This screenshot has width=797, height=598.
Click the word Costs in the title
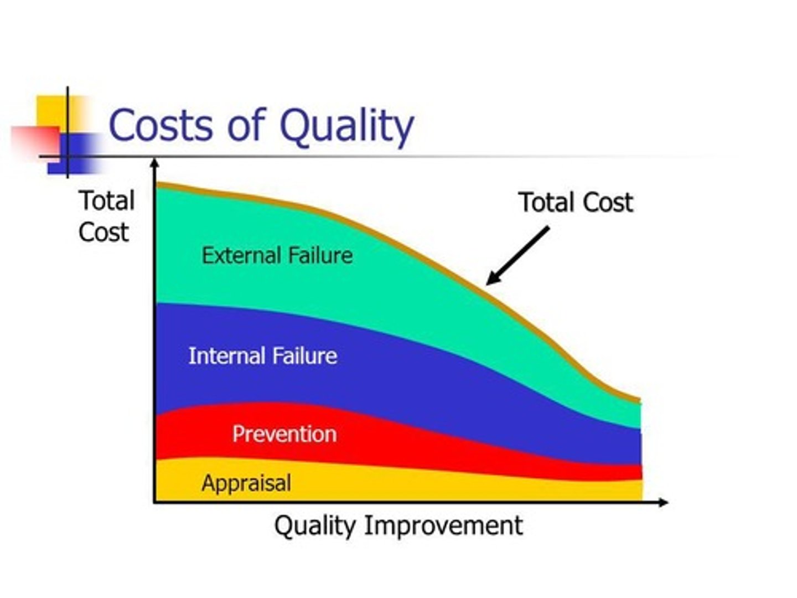[161, 125]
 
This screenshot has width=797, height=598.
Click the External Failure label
[277, 256]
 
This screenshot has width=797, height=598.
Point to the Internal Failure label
[262, 356]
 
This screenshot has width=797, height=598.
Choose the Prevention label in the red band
[284, 434]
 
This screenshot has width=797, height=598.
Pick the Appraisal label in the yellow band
[246, 483]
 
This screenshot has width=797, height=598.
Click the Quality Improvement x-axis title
[398, 525]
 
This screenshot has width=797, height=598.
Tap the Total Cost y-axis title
[106, 216]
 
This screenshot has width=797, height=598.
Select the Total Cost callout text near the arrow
[576, 203]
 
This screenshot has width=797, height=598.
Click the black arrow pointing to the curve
[517, 255]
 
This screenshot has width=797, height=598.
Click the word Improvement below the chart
[443, 525]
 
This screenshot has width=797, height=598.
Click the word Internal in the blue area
[224, 356]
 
